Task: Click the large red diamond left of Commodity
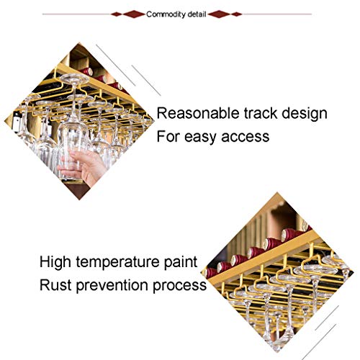133,14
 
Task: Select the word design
307,114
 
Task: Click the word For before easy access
171,135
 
